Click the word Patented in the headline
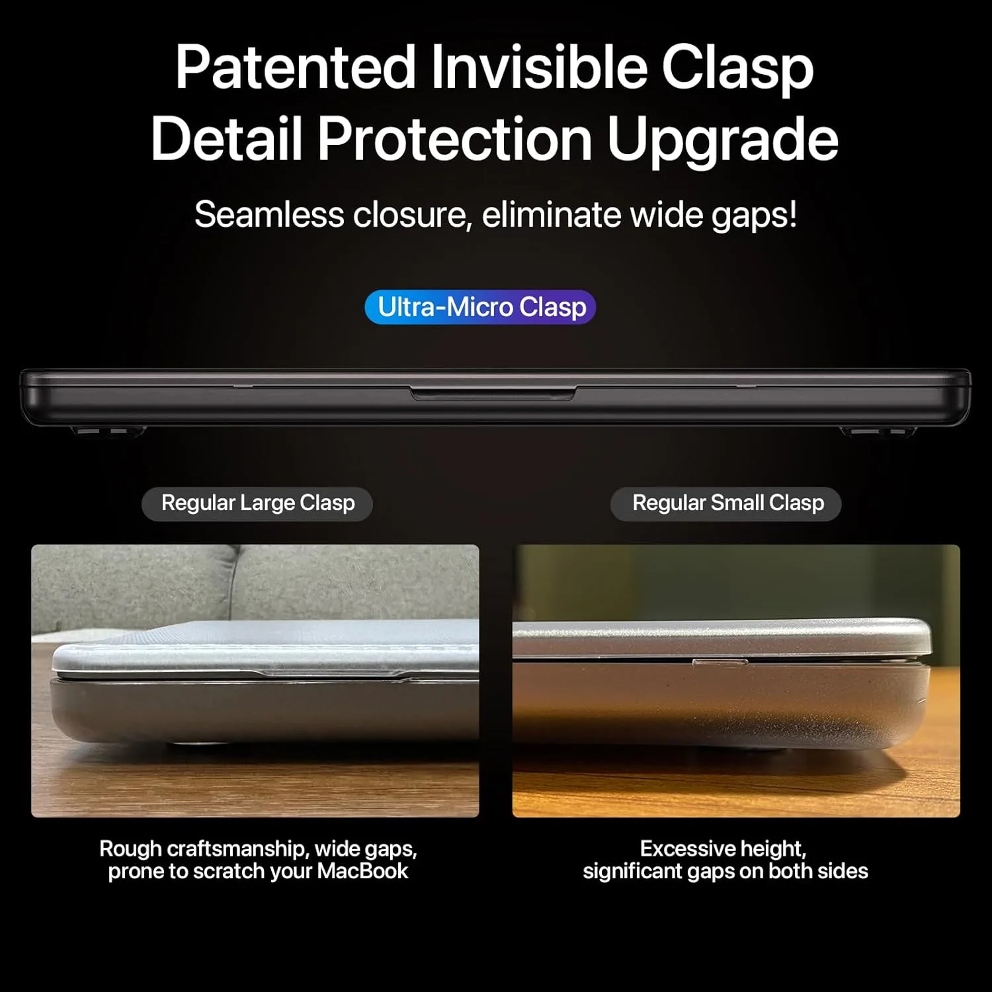point(295,67)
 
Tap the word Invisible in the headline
point(539,67)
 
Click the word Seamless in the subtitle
point(269,215)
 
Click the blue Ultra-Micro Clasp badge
point(481,308)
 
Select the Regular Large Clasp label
point(257,503)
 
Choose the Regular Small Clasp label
point(727,503)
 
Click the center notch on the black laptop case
point(493,394)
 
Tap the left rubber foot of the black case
point(108,432)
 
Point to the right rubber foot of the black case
point(878,432)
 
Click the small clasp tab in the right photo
point(720,661)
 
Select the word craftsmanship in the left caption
point(237,848)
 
